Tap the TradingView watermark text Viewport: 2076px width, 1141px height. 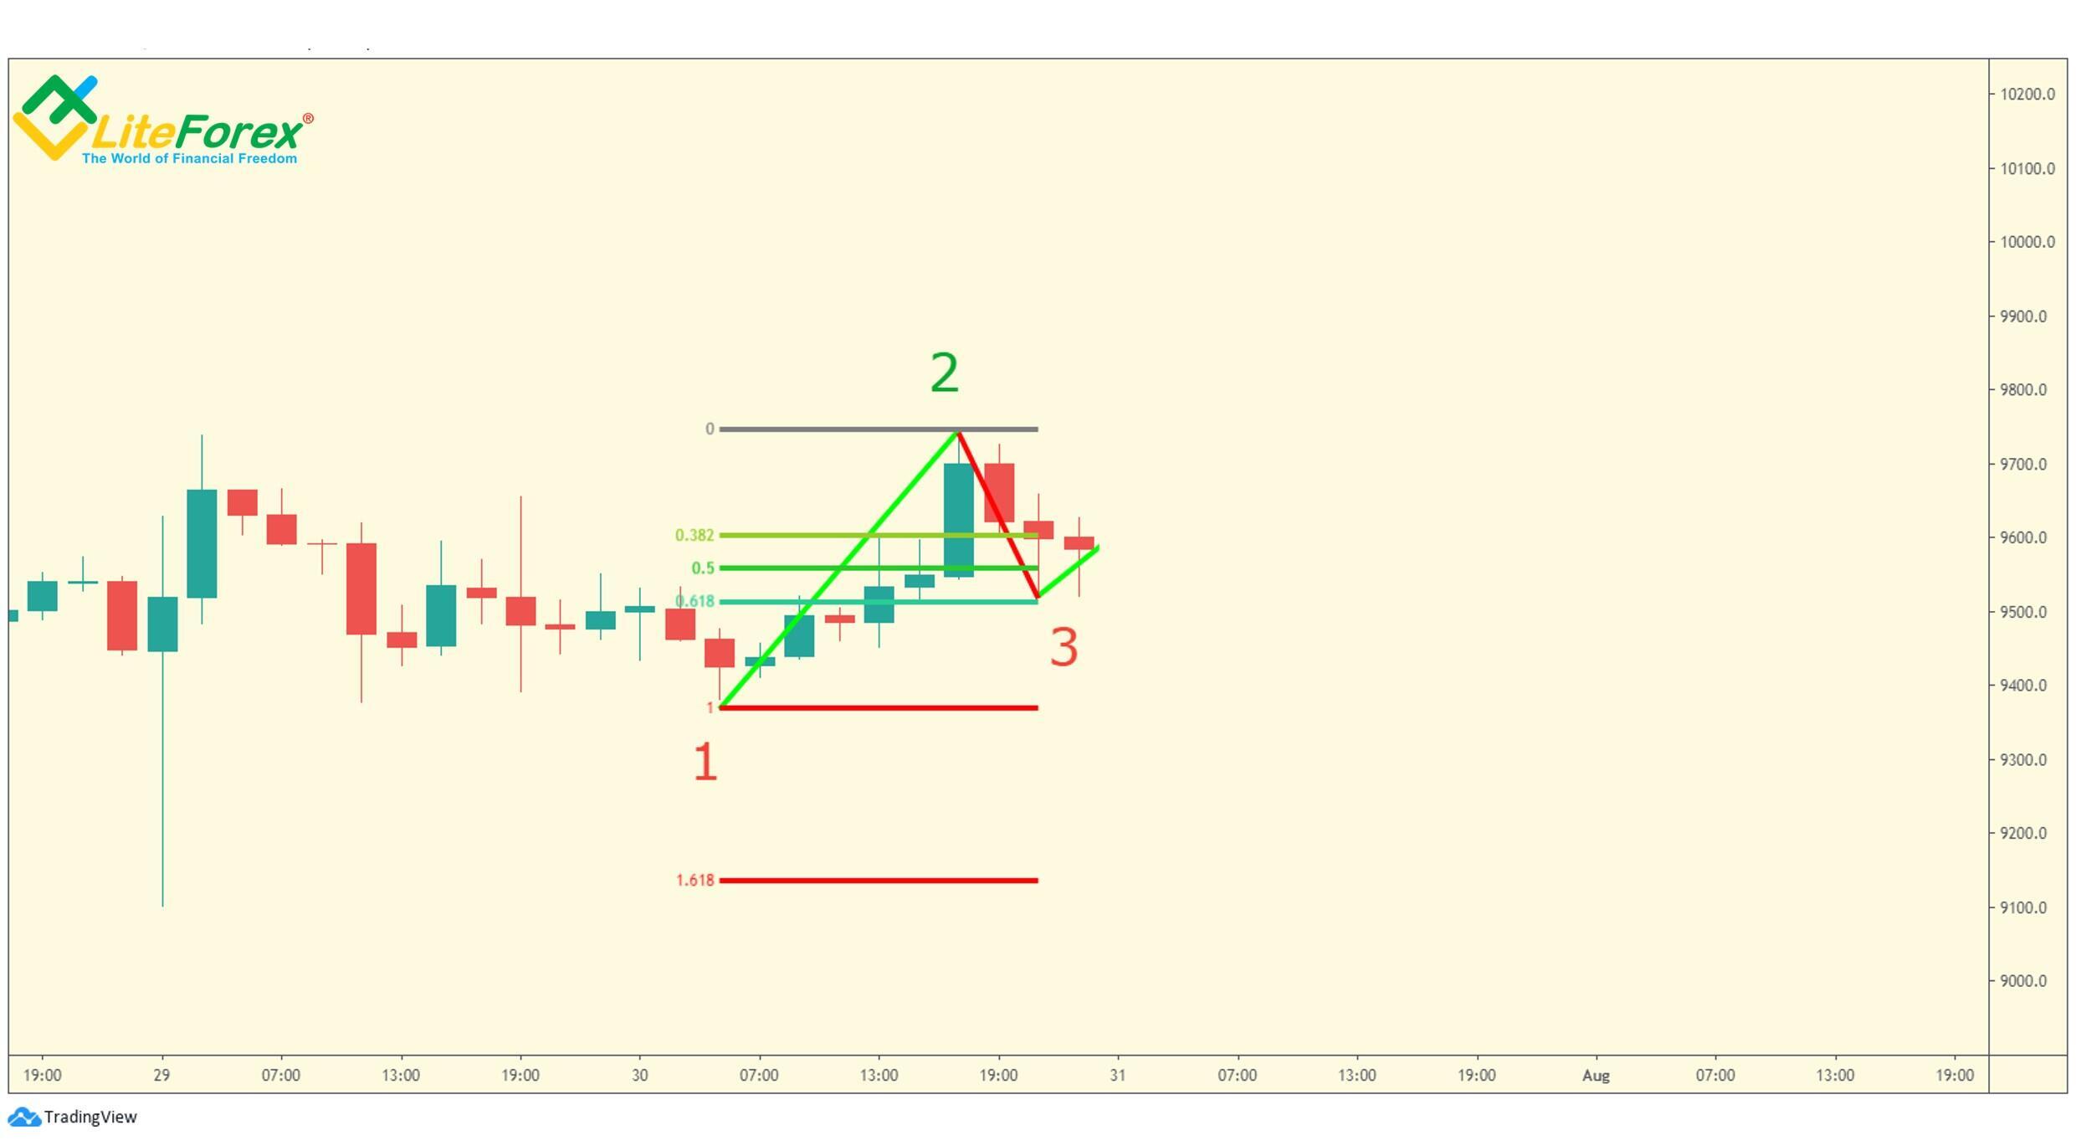90,1117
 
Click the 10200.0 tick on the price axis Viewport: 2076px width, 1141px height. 2027,95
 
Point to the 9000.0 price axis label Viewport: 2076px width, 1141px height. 2027,981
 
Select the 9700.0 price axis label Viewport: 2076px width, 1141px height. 2027,465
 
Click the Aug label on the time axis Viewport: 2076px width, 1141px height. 1596,1076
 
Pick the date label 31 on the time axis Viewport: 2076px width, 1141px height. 1118,1076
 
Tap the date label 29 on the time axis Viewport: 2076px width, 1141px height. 161,1076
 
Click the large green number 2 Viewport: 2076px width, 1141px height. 945,373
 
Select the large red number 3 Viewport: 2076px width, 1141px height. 1064,648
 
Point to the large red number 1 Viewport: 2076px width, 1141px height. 705,763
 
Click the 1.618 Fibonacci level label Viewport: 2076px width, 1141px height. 695,881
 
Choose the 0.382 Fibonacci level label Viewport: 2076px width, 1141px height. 695,536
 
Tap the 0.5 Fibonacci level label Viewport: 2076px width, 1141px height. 703,568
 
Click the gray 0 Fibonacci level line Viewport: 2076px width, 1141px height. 837,429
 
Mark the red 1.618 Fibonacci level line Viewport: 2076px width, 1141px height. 879,881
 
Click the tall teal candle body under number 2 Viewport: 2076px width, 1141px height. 959,520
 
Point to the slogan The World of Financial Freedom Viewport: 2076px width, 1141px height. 189,159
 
